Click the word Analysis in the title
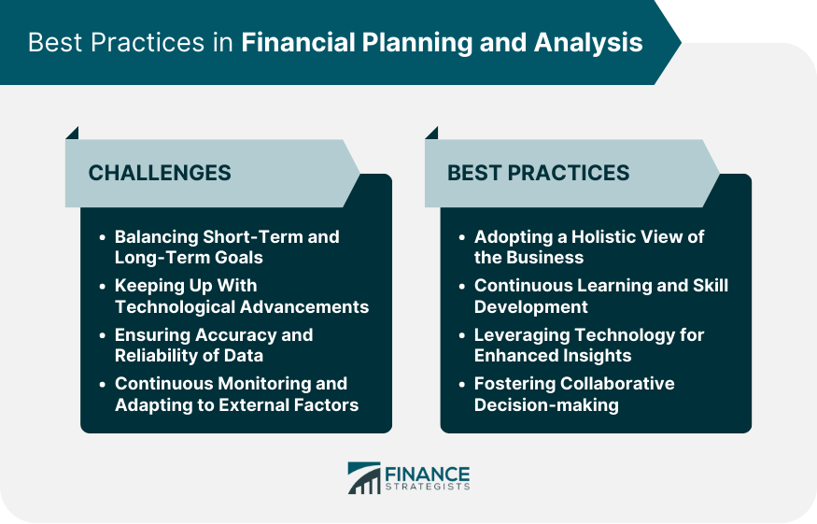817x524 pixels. coord(587,43)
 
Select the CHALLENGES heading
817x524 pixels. coord(160,173)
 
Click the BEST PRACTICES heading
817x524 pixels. coord(538,173)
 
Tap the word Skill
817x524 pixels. coord(711,286)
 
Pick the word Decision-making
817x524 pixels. coord(546,405)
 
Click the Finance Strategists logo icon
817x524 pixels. coord(364,477)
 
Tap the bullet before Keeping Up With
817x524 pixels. coord(102,286)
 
